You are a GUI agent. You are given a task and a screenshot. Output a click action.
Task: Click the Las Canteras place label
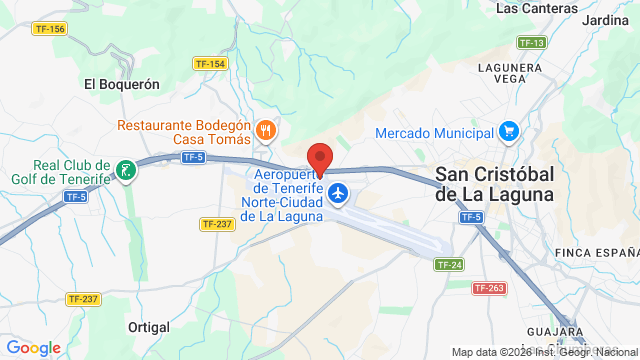click(536, 8)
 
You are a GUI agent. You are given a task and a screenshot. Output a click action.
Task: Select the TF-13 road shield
click(531, 43)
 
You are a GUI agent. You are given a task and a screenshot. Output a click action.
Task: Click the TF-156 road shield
click(49, 29)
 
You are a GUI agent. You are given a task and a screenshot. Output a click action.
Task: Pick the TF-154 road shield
click(210, 63)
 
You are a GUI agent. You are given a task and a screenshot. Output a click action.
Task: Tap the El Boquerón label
click(122, 85)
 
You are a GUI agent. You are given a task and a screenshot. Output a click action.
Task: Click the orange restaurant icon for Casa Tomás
click(265, 129)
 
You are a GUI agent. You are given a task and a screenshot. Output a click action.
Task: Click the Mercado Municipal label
click(434, 133)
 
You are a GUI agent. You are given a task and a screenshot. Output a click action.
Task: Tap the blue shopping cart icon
click(509, 131)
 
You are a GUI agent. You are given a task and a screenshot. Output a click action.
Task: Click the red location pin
click(319, 160)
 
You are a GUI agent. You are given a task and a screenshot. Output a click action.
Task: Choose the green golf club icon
click(125, 170)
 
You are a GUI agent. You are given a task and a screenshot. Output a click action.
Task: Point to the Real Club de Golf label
click(57, 172)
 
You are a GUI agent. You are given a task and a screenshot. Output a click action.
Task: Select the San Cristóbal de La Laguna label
click(494, 185)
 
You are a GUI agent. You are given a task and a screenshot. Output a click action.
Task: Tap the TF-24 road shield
click(449, 264)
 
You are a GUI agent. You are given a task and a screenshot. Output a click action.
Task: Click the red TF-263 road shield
click(488, 288)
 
